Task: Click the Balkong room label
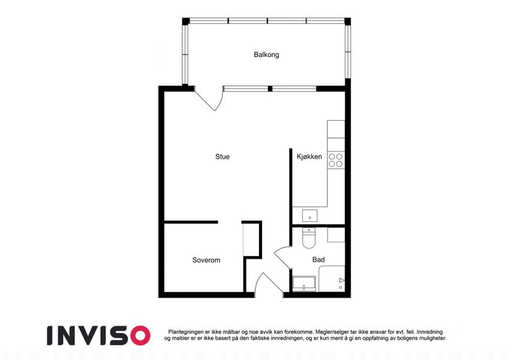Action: (266, 55)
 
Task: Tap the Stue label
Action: (222, 157)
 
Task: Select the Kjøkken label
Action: (309, 157)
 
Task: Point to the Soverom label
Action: (206, 260)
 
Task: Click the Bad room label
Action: (318, 260)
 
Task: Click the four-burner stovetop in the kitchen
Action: (336, 160)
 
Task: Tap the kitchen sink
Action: (310, 216)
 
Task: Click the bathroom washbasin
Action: (304, 283)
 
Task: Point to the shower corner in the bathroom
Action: (332, 279)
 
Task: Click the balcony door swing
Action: (211, 98)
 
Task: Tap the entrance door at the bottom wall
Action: (268, 284)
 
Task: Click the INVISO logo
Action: (99, 335)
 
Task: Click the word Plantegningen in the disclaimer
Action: (186, 332)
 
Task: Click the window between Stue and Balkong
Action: (270, 88)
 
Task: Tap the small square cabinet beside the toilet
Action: (336, 235)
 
